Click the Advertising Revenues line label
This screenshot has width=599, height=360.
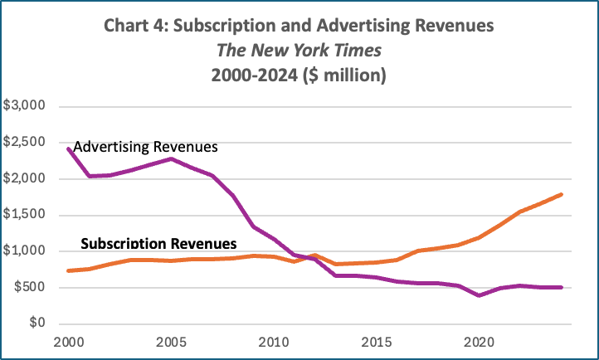pyautogui.click(x=145, y=147)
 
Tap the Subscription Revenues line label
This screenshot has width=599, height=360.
pyautogui.click(x=158, y=244)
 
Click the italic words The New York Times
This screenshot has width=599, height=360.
pyautogui.click(x=299, y=50)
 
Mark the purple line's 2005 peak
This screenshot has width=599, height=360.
pyautogui.click(x=170, y=158)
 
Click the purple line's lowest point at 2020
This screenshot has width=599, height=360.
pyautogui.click(x=479, y=295)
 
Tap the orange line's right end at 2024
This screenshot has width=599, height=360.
pyautogui.click(x=561, y=194)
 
